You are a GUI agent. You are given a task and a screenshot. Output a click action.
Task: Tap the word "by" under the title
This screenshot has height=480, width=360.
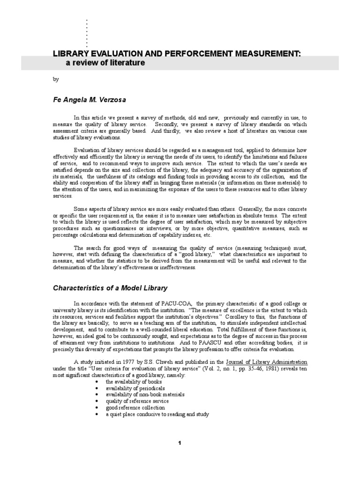[55, 80]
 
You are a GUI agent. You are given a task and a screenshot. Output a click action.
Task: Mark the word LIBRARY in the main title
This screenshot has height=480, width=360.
[69, 54]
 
